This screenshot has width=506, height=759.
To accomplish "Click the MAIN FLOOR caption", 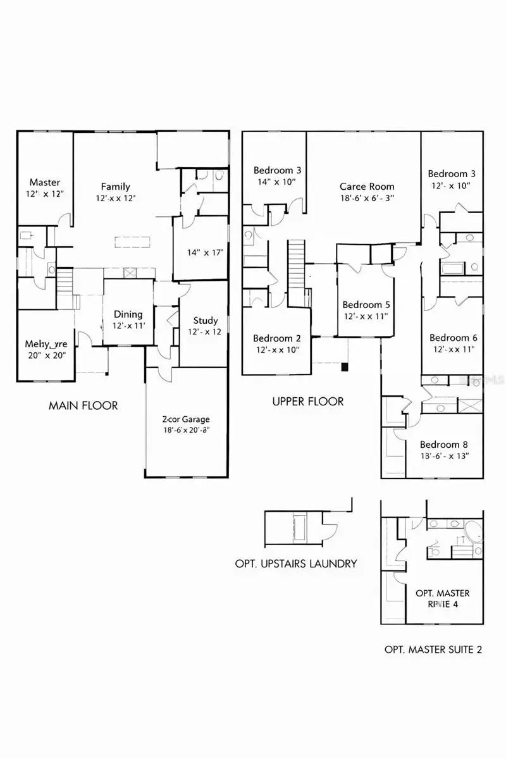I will (83, 405).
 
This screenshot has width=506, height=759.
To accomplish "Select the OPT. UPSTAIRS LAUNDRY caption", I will (296, 564).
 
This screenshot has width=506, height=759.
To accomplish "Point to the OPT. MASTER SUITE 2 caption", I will (433, 650).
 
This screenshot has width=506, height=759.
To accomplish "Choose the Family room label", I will (115, 187).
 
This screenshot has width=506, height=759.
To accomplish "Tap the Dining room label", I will (128, 314).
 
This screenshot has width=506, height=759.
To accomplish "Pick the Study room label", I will (205, 321).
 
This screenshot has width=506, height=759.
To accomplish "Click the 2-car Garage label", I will (185, 419).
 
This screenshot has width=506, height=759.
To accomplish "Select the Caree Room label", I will (366, 187).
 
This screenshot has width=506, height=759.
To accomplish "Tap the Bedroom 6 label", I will (453, 338).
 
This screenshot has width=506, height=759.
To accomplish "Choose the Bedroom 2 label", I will (276, 338).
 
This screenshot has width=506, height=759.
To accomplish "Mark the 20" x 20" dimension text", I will (46, 355).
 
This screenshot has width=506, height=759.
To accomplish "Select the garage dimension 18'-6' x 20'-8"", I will (185, 430).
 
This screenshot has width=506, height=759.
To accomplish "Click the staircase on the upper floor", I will (297, 266).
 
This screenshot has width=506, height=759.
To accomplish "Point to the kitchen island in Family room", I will (133, 242).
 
